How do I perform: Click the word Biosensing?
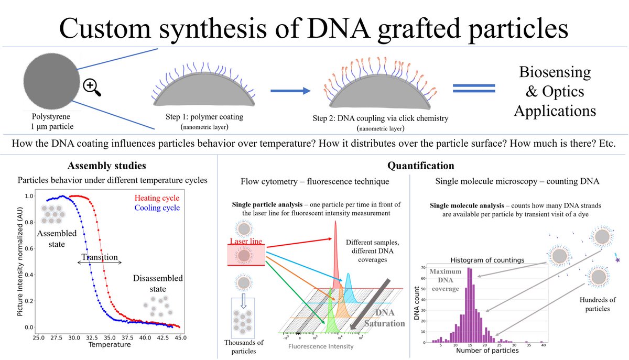(554, 72)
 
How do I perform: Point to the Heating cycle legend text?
(156, 198)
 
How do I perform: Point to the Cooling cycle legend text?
(156, 208)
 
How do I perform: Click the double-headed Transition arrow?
(100, 263)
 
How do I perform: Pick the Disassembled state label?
(157, 283)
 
